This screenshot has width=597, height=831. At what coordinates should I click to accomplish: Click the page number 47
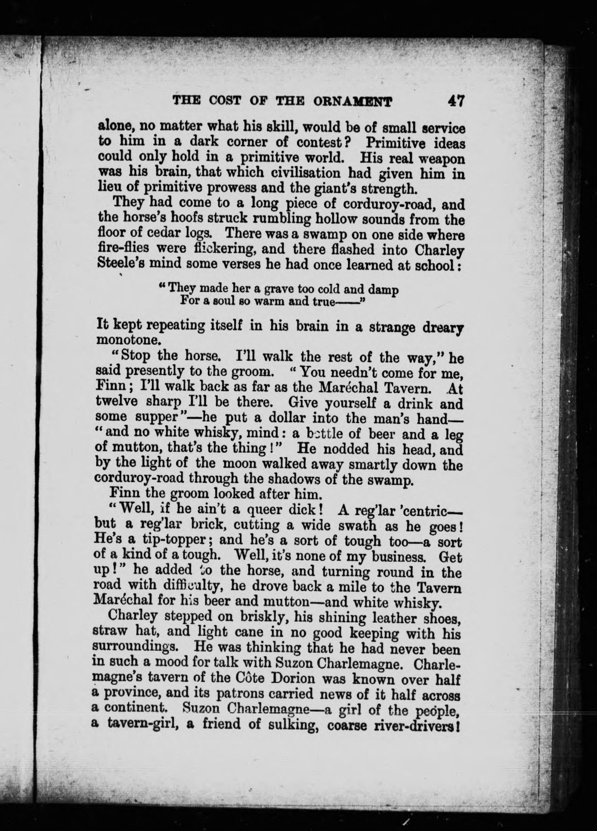click(x=456, y=101)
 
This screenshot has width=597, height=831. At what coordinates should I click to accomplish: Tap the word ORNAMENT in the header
click(x=358, y=102)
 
